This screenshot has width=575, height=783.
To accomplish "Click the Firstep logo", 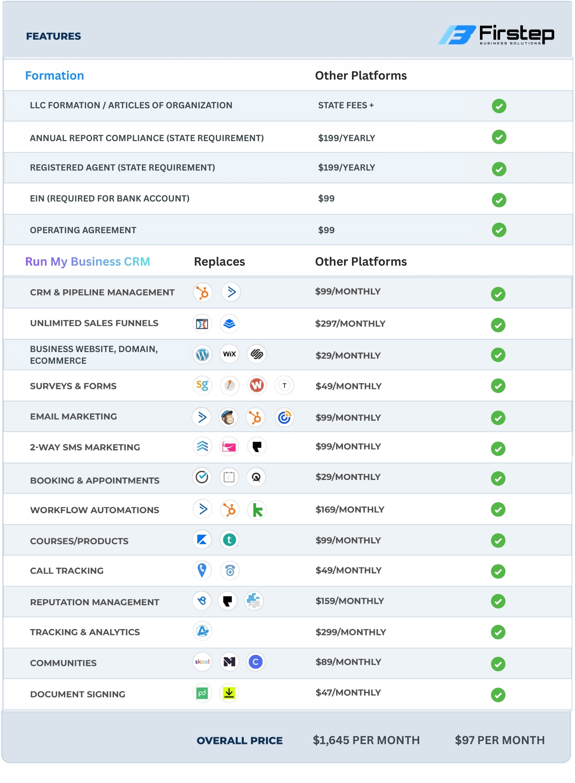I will (496, 35).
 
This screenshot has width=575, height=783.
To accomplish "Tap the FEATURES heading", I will (54, 36).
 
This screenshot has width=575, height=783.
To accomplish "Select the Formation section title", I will (55, 75).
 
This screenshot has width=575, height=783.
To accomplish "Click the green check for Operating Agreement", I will (499, 230).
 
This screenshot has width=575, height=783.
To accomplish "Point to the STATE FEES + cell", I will (346, 105).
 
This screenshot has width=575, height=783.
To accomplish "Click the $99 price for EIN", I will (326, 198).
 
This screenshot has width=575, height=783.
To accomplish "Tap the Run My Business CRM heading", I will (88, 262).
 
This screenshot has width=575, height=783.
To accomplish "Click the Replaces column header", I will (219, 262).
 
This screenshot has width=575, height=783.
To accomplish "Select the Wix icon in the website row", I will (229, 354).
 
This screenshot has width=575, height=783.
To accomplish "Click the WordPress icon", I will (203, 354).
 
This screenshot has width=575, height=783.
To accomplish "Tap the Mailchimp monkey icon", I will (229, 417).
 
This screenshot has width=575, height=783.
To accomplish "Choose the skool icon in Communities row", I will (202, 662).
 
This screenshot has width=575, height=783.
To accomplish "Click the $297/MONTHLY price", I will (350, 323).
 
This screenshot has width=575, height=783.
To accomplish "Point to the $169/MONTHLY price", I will (350, 509).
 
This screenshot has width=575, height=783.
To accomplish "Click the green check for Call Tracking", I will (498, 571).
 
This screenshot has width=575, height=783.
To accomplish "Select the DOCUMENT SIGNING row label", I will (78, 694).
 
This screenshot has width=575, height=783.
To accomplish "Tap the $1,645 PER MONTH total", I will (366, 740).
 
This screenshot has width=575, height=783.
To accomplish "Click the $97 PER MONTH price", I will (500, 740).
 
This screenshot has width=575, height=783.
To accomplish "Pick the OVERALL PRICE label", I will (240, 740).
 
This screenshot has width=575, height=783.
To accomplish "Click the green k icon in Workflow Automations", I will (257, 510).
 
